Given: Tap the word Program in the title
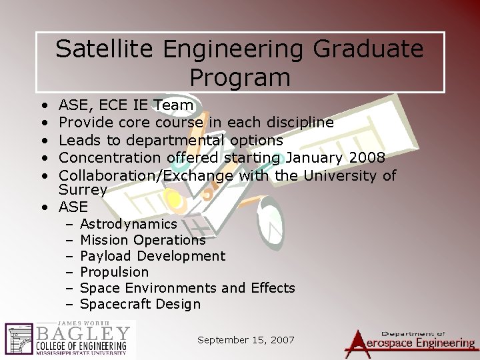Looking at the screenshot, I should coord(240,77).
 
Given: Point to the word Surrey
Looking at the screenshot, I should coord(83,190).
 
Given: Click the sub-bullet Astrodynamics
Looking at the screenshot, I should coord(128,224).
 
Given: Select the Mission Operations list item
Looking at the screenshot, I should coord(142,240).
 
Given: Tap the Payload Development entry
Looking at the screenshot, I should coord(152,256).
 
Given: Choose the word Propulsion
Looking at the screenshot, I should coord(114,272).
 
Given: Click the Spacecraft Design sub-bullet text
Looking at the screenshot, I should coord(139,305).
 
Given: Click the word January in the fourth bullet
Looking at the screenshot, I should coord(309,158).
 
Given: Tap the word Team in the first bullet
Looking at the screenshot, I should coord(173,105).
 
